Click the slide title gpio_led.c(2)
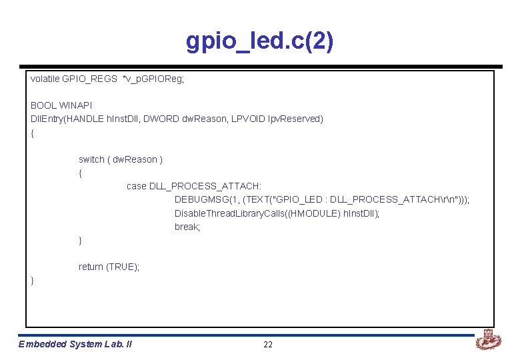(x=259, y=41)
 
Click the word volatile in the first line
(x=45, y=79)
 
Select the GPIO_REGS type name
(x=89, y=79)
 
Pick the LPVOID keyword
(x=248, y=119)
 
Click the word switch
(x=91, y=159)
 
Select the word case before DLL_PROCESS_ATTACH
(x=137, y=186)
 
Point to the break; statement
(x=187, y=227)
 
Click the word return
(x=91, y=267)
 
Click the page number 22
(x=268, y=344)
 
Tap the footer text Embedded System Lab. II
(x=75, y=344)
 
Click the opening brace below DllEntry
(x=33, y=133)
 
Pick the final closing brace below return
(x=33, y=281)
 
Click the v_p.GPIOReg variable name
(x=153, y=79)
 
